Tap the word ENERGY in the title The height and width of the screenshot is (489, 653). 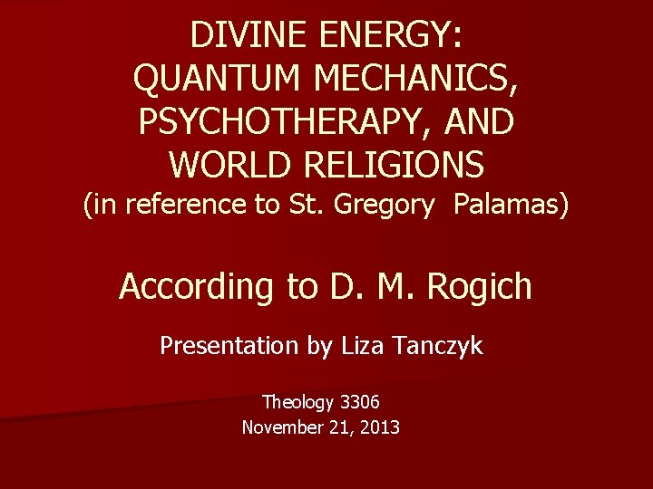391,35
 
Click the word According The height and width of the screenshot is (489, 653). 192,287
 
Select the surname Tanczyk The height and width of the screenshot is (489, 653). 443,345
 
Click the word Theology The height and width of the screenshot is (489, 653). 297,400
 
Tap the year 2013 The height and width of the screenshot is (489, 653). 378,427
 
